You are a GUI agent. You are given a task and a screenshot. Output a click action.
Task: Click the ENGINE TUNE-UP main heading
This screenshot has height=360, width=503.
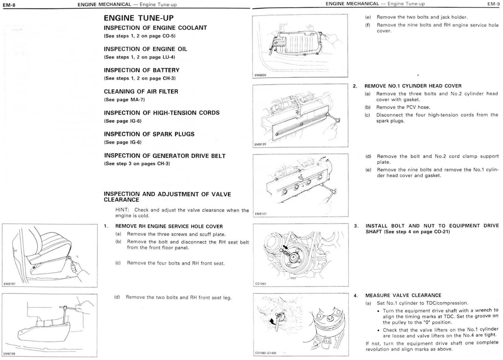pyautogui.click(x=139, y=18)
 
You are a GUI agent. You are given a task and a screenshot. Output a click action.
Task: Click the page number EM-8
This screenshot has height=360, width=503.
pyautogui.click(x=9, y=5)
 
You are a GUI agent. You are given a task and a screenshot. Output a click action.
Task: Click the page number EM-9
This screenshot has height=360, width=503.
pyautogui.click(x=493, y=4)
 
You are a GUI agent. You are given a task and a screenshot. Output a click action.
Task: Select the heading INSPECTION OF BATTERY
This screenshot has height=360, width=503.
pyautogui.click(x=141, y=70)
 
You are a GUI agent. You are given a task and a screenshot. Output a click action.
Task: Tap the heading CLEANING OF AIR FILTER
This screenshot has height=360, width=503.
pyautogui.click(x=141, y=92)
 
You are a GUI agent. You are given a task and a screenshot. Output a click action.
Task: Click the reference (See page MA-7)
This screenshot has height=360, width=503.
pyautogui.click(x=124, y=100)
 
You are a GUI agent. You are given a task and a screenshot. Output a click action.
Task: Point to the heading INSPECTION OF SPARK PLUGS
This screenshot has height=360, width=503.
pyautogui.click(x=149, y=134)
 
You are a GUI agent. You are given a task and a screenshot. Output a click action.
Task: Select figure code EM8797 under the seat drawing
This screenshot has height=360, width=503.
pyautogui.click(x=9, y=284)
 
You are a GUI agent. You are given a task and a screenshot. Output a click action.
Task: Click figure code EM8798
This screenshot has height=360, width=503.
pyautogui.click(x=9, y=354)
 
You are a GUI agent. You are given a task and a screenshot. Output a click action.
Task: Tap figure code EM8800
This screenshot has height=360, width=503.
pyautogui.click(x=260, y=75)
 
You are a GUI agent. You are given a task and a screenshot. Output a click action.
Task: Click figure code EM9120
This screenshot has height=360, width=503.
pyautogui.click(x=260, y=145)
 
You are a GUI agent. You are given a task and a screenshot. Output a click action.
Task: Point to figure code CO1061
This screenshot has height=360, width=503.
pyautogui.click(x=261, y=284)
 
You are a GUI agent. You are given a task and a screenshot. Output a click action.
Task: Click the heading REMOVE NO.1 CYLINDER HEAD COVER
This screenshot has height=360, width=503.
pyautogui.click(x=413, y=86)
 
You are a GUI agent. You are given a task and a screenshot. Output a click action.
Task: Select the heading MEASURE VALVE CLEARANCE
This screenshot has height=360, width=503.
pyautogui.click(x=403, y=295)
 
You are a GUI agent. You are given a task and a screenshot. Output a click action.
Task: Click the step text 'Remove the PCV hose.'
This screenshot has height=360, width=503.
pyautogui.click(x=403, y=107)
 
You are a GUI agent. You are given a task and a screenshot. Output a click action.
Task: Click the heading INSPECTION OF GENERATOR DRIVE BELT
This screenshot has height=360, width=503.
pyautogui.click(x=165, y=156)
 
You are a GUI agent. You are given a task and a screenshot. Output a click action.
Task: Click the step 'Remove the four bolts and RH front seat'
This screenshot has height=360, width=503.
pyautogui.click(x=176, y=263)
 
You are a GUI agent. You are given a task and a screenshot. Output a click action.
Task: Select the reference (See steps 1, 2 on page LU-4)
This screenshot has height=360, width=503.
pyautogui.click(x=140, y=57)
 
